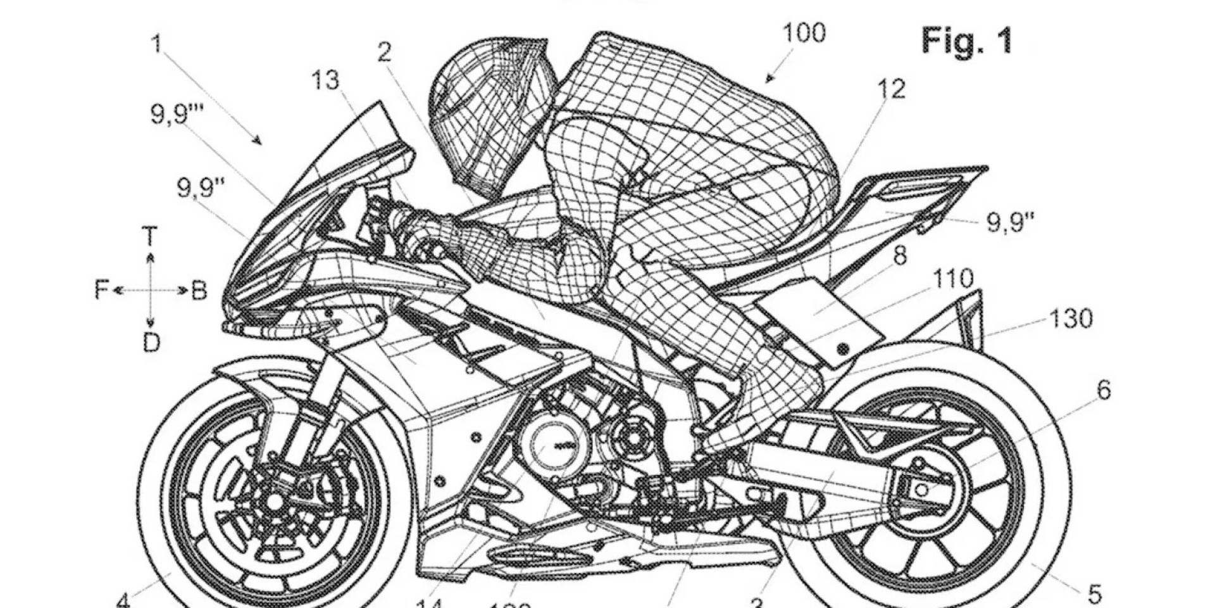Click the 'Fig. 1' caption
(966, 41)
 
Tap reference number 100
(804, 32)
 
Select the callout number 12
(891, 89)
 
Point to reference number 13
(325, 80)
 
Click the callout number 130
(1071, 318)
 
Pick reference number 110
(953, 278)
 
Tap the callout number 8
(899, 255)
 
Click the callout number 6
(1103, 390)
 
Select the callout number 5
(1095, 593)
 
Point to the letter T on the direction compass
(150, 237)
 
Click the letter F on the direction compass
(102, 291)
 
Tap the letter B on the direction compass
(199, 291)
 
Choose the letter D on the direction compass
(151, 343)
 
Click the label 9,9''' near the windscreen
(175, 114)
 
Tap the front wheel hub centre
(273, 502)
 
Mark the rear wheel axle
(921, 489)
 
